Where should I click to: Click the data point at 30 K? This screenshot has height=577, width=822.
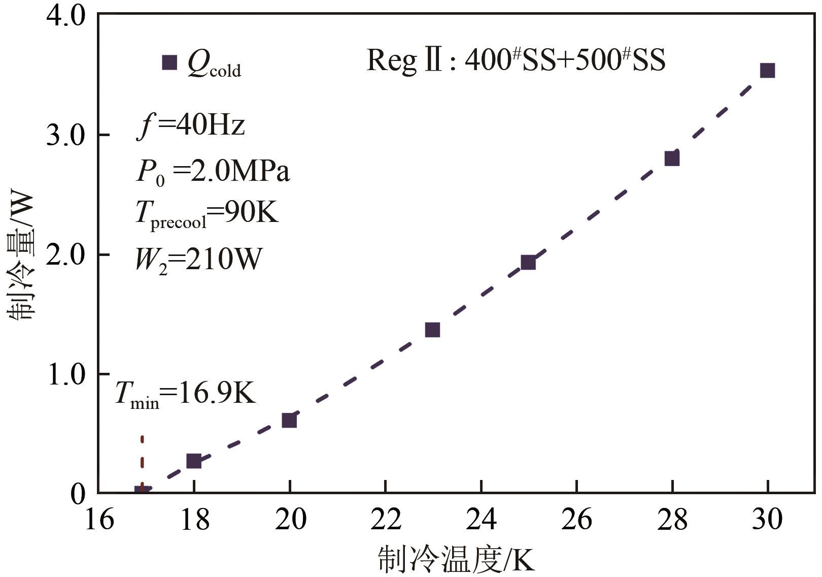click(x=767, y=71)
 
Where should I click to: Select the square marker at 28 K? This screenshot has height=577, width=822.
click(x=672, y=158)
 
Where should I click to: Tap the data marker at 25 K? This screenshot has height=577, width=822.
click(x=528, y=263)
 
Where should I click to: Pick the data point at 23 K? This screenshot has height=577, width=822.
click(x=432, y=330)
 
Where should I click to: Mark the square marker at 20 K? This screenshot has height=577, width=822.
click(x=289, y=421)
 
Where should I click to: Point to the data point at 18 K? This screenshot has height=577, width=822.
click(x=194, y=461)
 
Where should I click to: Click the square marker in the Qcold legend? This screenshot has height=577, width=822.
click(x=169, y=62)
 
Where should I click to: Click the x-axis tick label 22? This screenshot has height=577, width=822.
click(x=386, y=520)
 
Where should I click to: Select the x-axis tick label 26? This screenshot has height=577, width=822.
click(x=577, y=520)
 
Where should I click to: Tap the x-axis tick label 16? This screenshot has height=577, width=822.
click(x=99, y=520)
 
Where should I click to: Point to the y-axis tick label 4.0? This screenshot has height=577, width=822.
click(x=66, y=16)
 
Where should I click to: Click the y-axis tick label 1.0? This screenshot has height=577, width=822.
click(x=66, y=375)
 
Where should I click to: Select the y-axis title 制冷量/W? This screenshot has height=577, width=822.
click(x=21, y=257)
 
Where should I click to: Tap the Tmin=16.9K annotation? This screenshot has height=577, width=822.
click(x=185, y=394)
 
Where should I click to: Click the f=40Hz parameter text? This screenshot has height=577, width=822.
click(x=191, y=125)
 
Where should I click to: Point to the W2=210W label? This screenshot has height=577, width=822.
click(x=198, y=260)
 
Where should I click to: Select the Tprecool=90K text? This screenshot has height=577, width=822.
click(x=207, y=213)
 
